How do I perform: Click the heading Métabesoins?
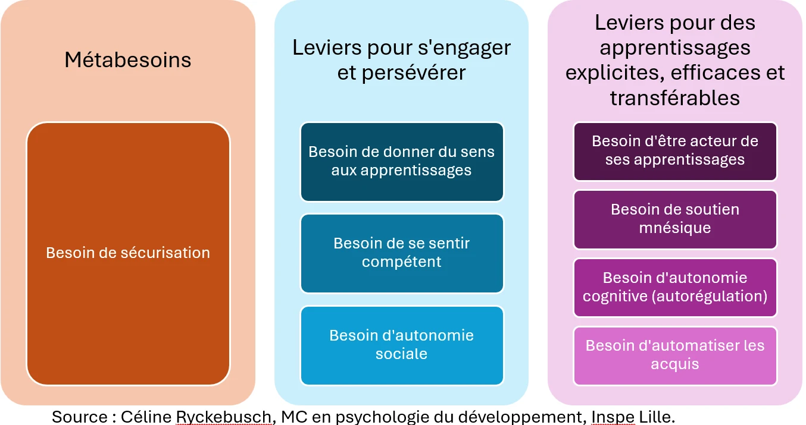(128, 60)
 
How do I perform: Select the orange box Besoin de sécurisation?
(128, 253)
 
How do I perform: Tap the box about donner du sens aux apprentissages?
(402, 161)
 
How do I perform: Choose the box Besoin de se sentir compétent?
(402, 253)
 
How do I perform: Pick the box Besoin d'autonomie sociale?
(402, 345)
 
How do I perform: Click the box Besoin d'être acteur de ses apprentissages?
(675, 151)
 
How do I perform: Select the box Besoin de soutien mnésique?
(675, 219)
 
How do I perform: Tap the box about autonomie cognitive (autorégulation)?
(675, 287)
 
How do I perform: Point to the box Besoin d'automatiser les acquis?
(675, 355)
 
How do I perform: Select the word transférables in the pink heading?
(675, 98)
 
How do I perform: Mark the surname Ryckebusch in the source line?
(223, 417)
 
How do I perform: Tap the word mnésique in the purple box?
(675, 228)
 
